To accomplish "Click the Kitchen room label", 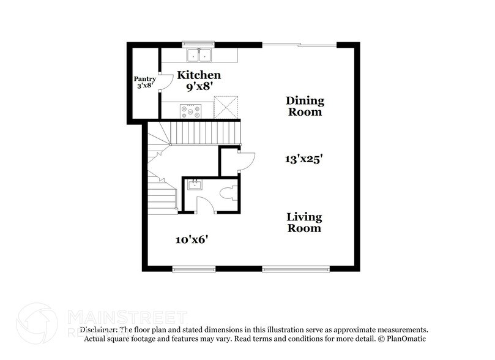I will click(198, 75).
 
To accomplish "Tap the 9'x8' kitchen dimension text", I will click(198, 88).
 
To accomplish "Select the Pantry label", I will click(145, 79).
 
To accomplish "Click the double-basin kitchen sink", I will click(199, 56).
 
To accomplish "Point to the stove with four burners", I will click(190, 111).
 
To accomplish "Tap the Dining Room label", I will click(305, 106).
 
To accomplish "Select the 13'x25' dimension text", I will click(304, 158).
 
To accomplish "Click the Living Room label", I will click(305, 222).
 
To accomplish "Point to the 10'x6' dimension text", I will click(192, 239).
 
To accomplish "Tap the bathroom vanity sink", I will click(195, 184).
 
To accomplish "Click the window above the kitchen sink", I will click(199, 43).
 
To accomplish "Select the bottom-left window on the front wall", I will click(193, 268).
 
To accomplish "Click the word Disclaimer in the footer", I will click(99, 329).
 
